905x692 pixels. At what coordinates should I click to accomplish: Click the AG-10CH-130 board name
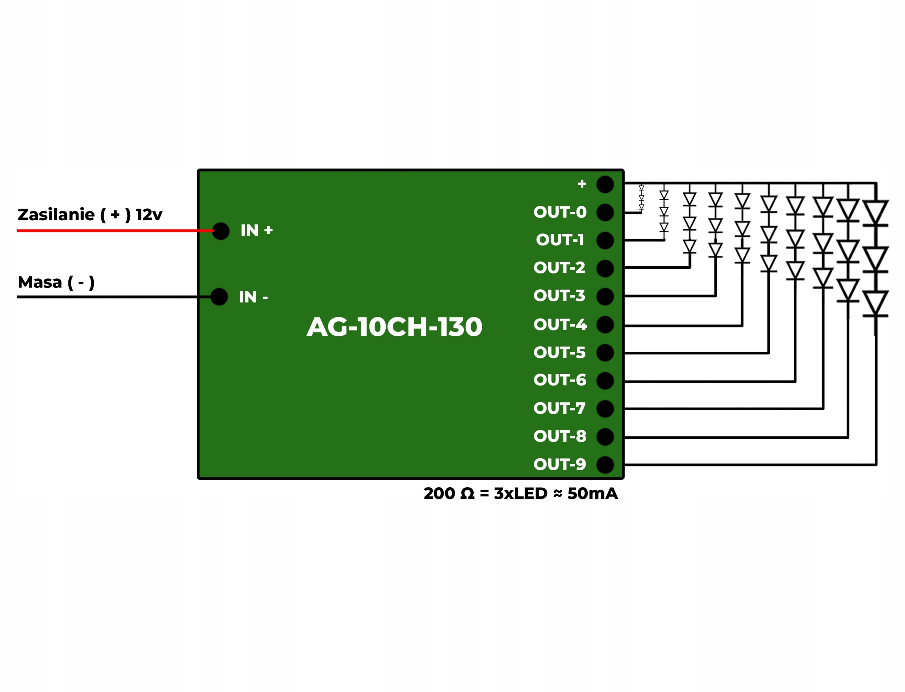394,327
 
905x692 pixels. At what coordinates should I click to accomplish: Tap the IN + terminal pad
221,231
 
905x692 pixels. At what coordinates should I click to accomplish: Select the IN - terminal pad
219,297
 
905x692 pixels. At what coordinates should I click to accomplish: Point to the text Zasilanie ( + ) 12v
90,215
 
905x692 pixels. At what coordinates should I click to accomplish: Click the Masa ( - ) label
56,282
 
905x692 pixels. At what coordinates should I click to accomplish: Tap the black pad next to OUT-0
605,213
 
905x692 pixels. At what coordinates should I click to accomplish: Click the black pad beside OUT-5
605,353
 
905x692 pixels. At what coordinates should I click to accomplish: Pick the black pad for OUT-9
605,465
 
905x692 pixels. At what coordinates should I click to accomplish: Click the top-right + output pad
605,184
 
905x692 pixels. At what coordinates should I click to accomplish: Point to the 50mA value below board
592,494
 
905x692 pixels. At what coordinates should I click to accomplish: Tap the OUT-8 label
560,436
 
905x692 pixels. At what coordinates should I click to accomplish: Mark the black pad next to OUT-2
605,269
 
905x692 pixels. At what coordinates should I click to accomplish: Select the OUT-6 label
560,380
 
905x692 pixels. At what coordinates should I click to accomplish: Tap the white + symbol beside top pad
582,184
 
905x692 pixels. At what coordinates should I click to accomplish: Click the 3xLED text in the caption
520,494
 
